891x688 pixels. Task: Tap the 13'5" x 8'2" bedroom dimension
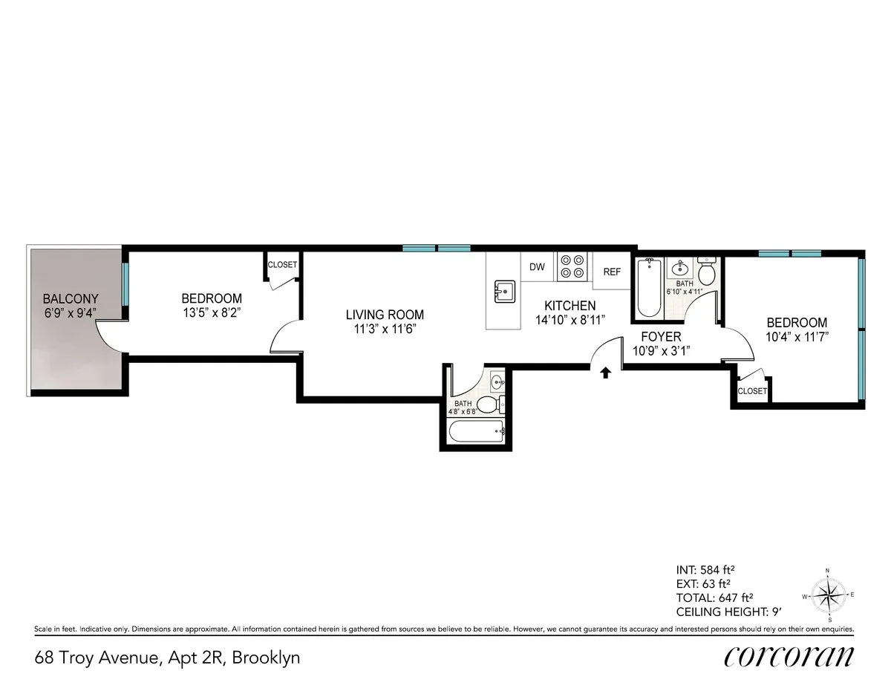[x=212, y=312]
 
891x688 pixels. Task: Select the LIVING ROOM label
[x=385, y=315]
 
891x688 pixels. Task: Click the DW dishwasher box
[x=537, y=267]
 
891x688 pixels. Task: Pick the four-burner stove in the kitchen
[x=572, y=266]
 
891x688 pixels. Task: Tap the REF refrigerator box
[x=612, y=272]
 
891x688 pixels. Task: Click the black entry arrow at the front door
[x=605, y=373]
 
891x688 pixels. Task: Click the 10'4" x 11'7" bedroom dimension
[x=797, y=336]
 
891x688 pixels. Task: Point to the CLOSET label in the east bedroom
[x=752, y=391]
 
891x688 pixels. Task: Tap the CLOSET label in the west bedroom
[x=282, y=265]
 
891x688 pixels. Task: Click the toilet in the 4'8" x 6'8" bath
[x=488, y=404]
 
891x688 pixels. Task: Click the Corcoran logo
[x=789, y=657]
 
